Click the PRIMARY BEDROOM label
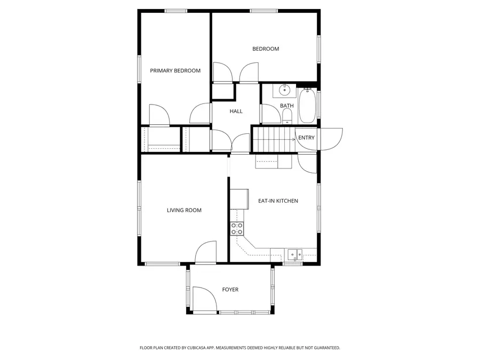pyautogui.click(x=175, y=70)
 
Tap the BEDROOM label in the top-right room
pyautogui.click(x=266, y=49)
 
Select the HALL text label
pyautogui.click(x=236, y=111)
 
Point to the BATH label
pyautogui.click(x=287, y=106)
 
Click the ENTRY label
pyautogui.click(x=307, y=138)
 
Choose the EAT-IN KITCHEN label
pyautogui.click(x=278, y=201)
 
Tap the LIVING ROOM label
pyautogui.click(x=184, y=210)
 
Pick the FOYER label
pyautogui.click(x=230, y=290)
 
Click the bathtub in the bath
pyautogui.click(x=307, y=106)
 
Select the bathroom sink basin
pyautogui.click(x=285, y=90)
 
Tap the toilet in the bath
pyautogui.click(x=287, y=118)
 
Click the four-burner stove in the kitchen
pyautogui.click(x=237, y=229)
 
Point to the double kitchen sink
pyautogui.click(x=294, y=254)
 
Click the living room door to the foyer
pyautogui.click(x=206, y=252)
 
